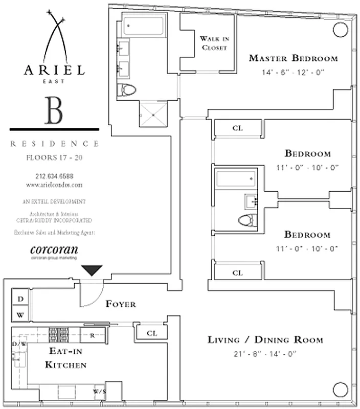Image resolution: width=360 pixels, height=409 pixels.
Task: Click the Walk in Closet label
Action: [x=213, y=43]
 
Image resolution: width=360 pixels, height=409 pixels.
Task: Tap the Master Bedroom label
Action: [x=293, y=58]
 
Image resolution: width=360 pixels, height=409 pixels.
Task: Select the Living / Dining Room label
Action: [x=265, y=339]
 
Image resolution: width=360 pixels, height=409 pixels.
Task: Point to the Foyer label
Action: [x=121, y=304]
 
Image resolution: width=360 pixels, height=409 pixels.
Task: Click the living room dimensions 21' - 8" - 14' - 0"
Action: [x=265, y=353]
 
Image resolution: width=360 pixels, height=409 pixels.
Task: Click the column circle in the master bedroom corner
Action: [x=340, y=30]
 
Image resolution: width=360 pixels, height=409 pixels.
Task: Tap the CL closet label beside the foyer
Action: [x=152, y=333]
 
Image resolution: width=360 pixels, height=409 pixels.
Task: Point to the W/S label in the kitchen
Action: [x=99, y=392]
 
